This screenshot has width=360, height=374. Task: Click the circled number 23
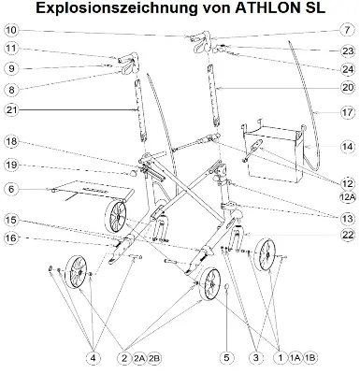(347, 50)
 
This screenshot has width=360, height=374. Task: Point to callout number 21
(11, 109)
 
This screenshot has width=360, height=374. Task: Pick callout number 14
(347, 147)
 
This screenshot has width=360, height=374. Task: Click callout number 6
(11, 189)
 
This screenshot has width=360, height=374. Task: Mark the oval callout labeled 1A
(295, 357)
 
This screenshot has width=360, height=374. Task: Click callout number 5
(225, 357)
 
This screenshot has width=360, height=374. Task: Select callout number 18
(11, 142)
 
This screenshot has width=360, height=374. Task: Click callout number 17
(347, 112)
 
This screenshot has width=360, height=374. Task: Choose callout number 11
(11, 49)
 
